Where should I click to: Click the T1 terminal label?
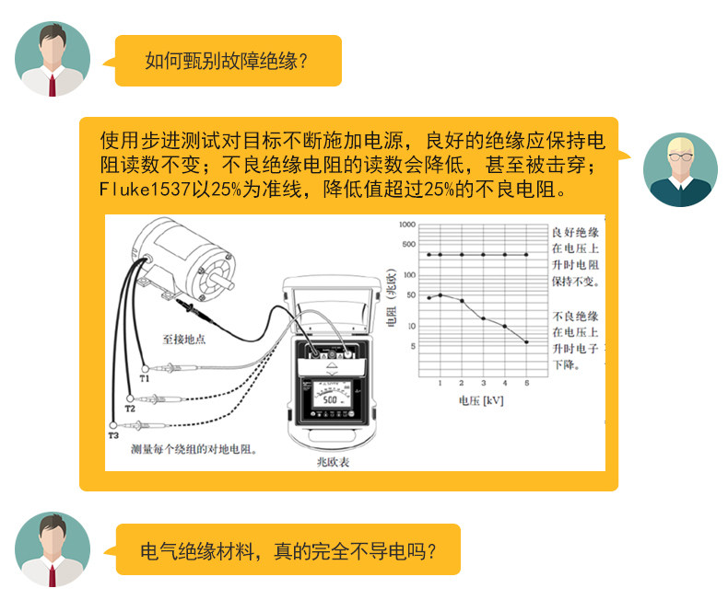[145, 378]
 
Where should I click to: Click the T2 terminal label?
[130, 409]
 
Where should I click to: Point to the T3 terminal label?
[113, 435]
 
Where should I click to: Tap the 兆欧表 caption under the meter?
[333, 462]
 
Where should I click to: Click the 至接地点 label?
[184, 340]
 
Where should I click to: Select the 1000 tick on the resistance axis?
[407, 225]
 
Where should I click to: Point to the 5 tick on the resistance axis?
[413, 346]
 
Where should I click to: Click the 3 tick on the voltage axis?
[483, 383]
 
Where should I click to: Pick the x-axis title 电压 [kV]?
[481, 400]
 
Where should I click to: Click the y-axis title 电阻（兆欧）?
[392, 297]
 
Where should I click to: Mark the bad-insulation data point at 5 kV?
[526, 342]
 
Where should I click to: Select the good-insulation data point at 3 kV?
[483, 255]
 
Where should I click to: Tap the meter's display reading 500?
[330, 399]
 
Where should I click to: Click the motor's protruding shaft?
[222, 279]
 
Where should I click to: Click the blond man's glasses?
[680, 156]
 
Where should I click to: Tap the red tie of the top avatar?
[53, 85]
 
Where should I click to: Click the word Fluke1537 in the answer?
[145, 190]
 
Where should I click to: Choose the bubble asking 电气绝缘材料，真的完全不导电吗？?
[283, 550]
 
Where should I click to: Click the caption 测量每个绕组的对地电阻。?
[194, 449]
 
